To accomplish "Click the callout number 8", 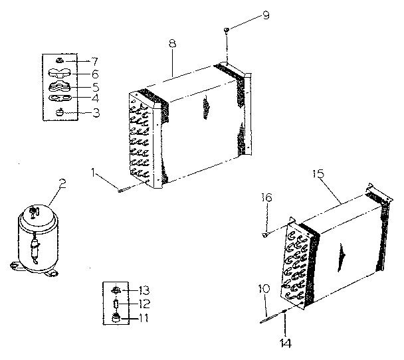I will (x=172, y=44).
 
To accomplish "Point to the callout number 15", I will (x=318, y=174).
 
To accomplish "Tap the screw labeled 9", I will (x=227, y=31).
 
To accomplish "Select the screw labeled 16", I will (x=266, y=233).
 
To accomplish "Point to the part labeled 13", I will (x=116, y=290).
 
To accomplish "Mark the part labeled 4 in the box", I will (x=62, y=98).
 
